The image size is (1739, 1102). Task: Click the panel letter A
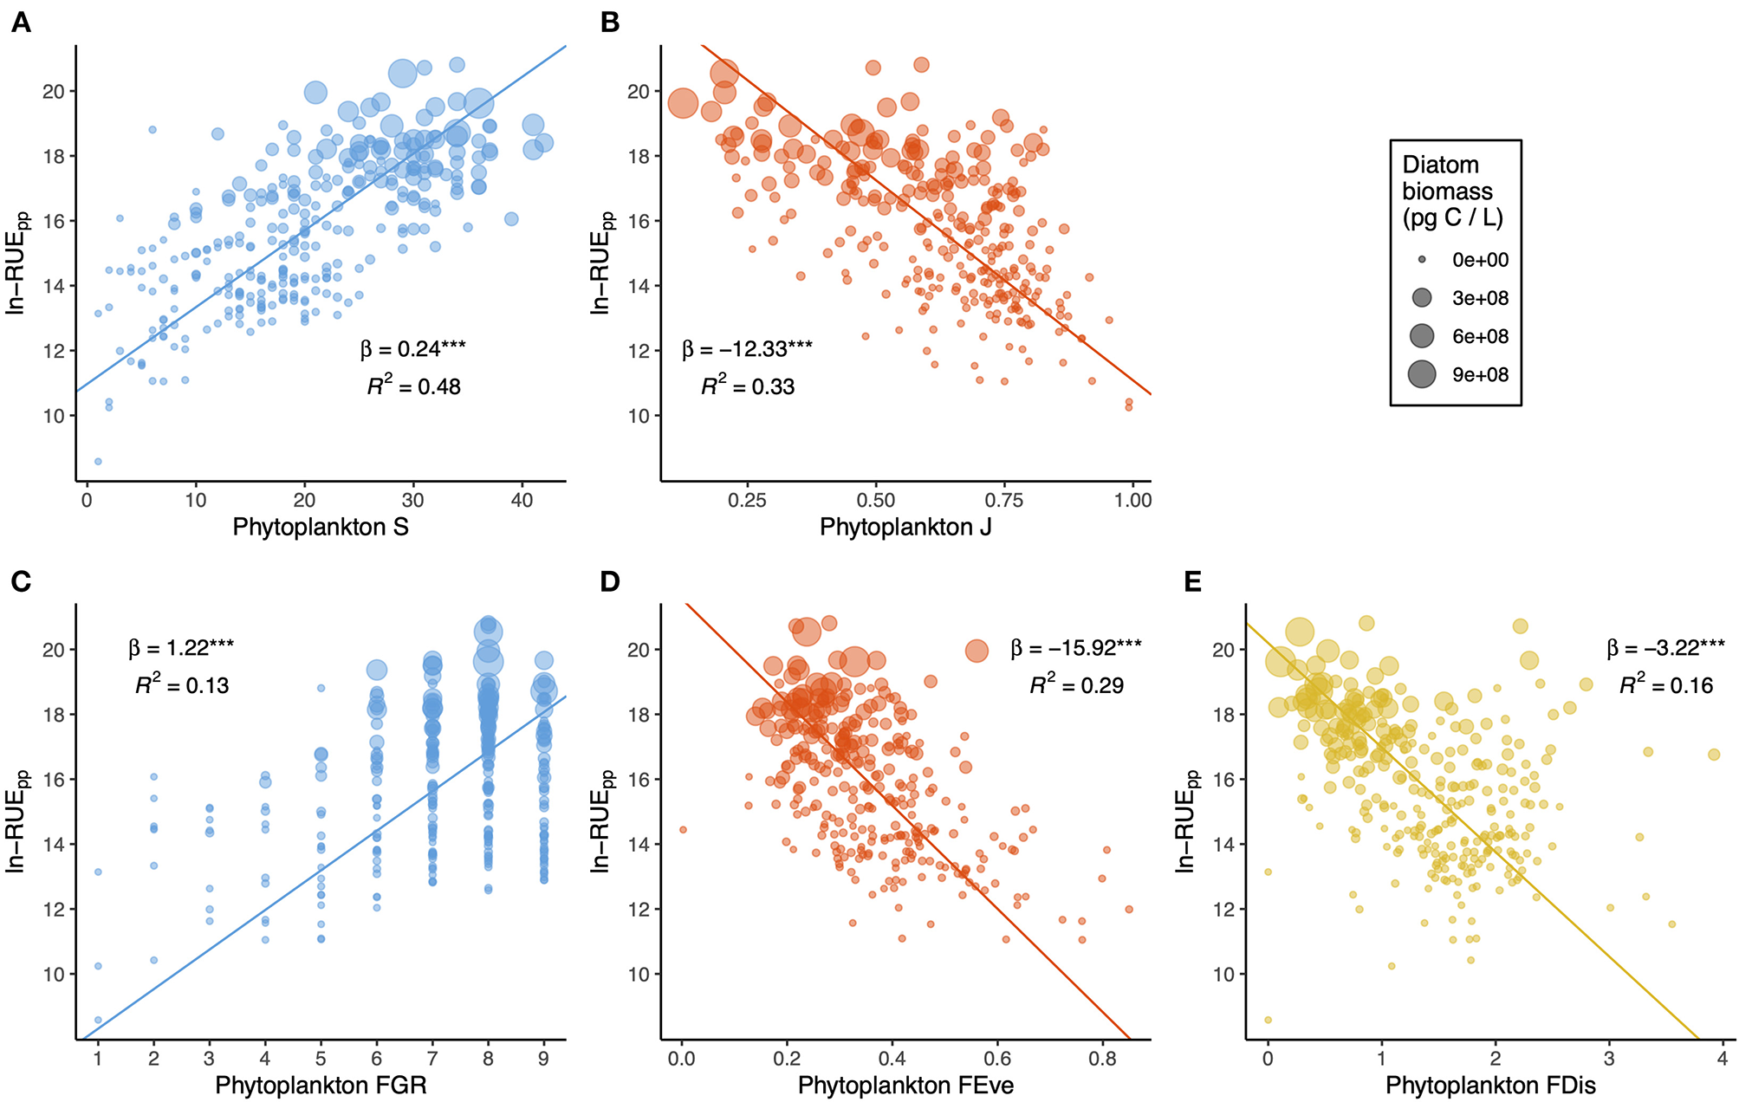pyautogui.click(x=21, y=23)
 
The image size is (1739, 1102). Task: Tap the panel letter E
pyautogui.click(x=1192, y=581)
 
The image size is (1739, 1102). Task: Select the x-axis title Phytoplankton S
pyautogui.click(x=321, y=527)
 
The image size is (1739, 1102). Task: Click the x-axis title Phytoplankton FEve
pyautogui.click(x=905, y=1086)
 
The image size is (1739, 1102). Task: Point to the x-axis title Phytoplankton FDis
pyautogui.click(x=1490, y=1086)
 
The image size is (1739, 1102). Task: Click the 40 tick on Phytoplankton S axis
pyautogui.click(x=522, y=500)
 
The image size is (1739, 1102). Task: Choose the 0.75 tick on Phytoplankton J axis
pyautogui.click(x=1004, y=500)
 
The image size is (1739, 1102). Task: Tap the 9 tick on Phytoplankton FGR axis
pyautogui.click(x=543, y=1059)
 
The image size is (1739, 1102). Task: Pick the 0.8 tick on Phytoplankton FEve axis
pyautogui.click(x=1103, y=1059)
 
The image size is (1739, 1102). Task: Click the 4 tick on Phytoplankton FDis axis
pyautogui.click(x=1723, y=1059)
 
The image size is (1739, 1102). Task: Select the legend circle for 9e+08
pyautogui.click(x=1422, y=374)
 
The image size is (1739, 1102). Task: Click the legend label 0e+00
pyautogui.click(x=1480, y=260)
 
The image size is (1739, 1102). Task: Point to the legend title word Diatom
pyautogui.click(x=1440, y=165)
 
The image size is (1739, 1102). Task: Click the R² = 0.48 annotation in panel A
pyautogui.click(x=414, y=386)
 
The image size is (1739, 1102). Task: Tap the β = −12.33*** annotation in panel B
pyautogui.click(x=747, y=349)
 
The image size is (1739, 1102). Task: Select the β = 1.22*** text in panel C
pyautogui.click(x=181, y=648)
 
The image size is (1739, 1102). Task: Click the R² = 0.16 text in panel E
pyautogui.click(x=1666, y=685)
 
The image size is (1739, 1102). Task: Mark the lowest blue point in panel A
pyautogui.click(x=98, y=462)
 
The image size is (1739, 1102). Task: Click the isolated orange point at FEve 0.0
pyautogui.click(x=683, y=830)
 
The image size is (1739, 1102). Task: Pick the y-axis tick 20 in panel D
pyautogui.click(x=638, y=650)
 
